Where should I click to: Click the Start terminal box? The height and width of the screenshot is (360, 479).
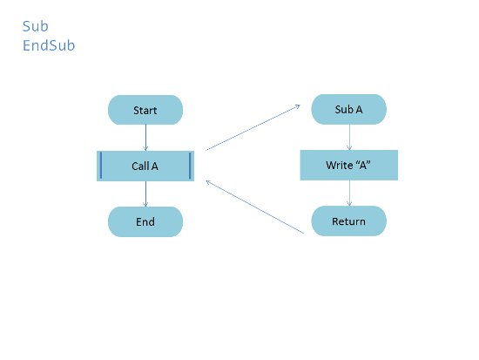145,110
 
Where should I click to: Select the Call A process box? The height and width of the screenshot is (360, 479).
145,166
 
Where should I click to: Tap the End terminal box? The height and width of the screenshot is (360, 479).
145,221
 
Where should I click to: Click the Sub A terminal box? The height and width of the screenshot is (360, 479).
349,109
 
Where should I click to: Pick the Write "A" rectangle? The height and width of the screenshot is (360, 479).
349,165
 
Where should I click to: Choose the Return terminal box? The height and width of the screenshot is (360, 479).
349,221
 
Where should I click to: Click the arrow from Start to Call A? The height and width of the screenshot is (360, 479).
145,138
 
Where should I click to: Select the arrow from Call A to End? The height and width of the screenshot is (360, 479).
145,194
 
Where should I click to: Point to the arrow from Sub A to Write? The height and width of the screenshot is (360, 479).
349,138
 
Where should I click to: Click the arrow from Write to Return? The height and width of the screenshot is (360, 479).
349,193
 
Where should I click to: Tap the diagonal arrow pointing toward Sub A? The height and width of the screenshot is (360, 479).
253,127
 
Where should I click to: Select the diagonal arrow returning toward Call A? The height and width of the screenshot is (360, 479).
255,207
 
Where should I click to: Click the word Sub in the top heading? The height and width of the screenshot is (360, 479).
36,26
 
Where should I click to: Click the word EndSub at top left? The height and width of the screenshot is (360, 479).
49,45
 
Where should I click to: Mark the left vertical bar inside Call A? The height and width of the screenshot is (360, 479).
101,166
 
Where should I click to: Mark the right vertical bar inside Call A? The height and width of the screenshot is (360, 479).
190,166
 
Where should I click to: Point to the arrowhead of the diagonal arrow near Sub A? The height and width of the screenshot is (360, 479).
297,106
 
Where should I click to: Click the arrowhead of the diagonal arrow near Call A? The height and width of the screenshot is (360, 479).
209,182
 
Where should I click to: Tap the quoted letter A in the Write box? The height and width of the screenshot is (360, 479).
363,165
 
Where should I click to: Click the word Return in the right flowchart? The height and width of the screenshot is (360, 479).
349,221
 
